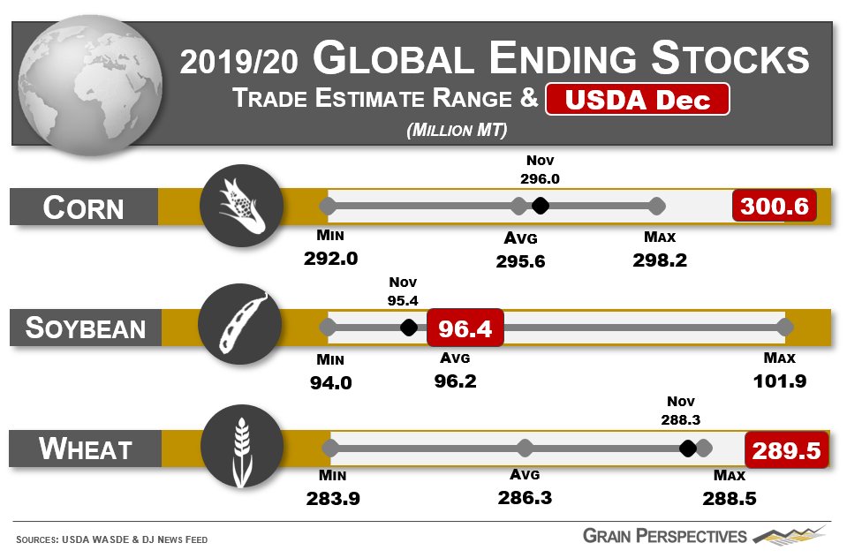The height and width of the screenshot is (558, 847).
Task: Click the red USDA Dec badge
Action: point(638,100)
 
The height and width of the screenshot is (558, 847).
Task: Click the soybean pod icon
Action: point(241,328)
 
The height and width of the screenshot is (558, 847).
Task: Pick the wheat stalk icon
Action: point(241,449)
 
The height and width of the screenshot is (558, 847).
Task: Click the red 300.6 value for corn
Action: point(775,207)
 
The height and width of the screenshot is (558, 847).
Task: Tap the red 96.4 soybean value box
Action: point(465,328)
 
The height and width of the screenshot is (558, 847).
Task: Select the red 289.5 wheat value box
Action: point(787,450)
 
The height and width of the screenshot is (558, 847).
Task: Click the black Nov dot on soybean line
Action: point(408,328)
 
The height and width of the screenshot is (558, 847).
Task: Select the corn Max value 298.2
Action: point(660,260)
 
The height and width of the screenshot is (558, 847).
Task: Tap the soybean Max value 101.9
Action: point(780,381)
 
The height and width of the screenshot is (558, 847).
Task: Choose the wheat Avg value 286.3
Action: point(525,498)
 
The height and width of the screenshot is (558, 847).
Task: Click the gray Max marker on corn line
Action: point(656,206)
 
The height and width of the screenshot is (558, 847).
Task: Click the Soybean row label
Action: point(86,328)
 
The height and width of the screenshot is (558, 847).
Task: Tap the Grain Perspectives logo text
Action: point(664,536)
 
